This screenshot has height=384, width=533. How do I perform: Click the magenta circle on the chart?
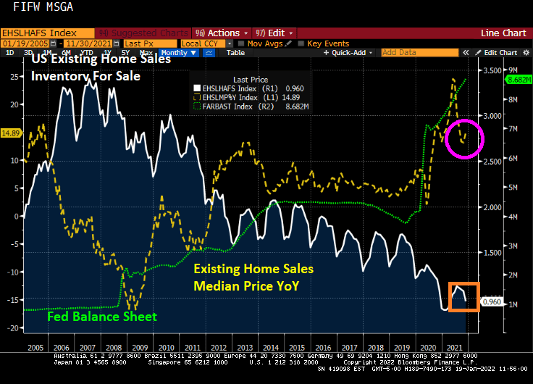(x=464, y=138)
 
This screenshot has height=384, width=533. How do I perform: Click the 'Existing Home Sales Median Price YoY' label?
(x=253, y=277)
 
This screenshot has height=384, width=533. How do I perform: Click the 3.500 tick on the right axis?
(x=492, y=70)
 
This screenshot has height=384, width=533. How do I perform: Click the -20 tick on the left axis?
(x=12, y=328)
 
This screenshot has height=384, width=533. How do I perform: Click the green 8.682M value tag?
(x=520, y=79)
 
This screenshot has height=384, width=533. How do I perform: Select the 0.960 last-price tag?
(x=492, y=301)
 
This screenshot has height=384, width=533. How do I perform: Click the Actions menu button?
(x=221, y=33)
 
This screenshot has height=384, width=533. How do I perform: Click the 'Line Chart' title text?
(x=503, y=33)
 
